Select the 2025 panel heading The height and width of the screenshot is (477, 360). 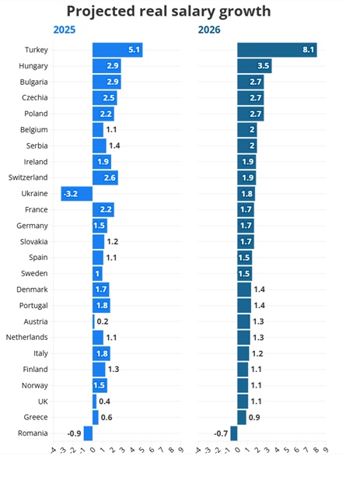click(65, 30)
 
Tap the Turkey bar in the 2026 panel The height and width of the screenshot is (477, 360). click(276, 51)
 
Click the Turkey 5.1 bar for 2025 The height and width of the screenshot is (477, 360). click(117, 51)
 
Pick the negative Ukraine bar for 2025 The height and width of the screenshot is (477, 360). click(77, 194)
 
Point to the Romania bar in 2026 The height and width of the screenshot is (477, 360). click(234, 433)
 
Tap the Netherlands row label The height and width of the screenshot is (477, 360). click(26, 337)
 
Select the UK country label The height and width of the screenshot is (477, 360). click(42, 401)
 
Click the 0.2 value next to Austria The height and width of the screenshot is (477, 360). click(103, 321)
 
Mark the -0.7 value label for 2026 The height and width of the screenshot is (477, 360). click(221, 433)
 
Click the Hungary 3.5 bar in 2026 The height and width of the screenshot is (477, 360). click(254, 66)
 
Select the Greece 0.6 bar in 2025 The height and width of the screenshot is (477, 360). click(96, 417)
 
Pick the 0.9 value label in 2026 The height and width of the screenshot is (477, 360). click(254, 417)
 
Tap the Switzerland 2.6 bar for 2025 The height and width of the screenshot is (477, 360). click(105, 177)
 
